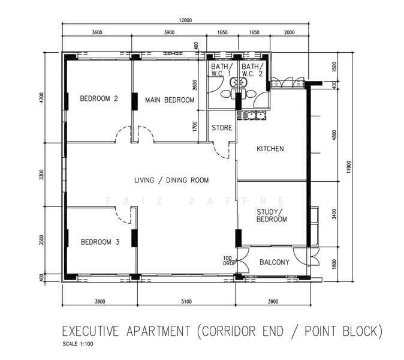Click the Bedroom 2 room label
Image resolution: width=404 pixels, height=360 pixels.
(x=99, y=98)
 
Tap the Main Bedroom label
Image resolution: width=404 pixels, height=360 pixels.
(x=170, y=100)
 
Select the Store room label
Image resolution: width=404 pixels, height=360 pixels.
(x=222, y=128)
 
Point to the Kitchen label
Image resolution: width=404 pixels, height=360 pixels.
(x=270, y=149)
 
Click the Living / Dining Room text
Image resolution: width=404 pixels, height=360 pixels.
(x=171, y=180)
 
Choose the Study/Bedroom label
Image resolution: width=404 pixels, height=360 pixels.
(x=272, y=215)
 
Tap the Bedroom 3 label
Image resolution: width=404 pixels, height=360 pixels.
(x=100, y=242)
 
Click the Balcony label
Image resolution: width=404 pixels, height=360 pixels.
(x=275, y=262)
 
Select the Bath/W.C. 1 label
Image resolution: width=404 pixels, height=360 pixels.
(x=221, y=70)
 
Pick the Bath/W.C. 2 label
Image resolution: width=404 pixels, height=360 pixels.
(x=252, y=70)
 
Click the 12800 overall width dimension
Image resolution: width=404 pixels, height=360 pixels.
(x=185, y=20)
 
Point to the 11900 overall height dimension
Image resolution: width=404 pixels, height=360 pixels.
(x=349, y=167)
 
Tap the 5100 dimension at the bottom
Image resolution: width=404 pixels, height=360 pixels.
(x=186, y=301)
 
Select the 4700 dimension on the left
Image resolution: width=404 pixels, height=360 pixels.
(x=42, y=97)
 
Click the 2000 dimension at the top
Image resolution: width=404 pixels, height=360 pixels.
(x=289, y=32)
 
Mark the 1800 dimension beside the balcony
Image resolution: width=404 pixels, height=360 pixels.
(x=334, y=264)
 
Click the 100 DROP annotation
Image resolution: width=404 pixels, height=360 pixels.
(x=228, y=261)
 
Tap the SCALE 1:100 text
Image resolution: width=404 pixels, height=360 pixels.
(x=78, y=344)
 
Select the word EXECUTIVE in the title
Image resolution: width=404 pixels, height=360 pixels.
(x=91, y=331)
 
